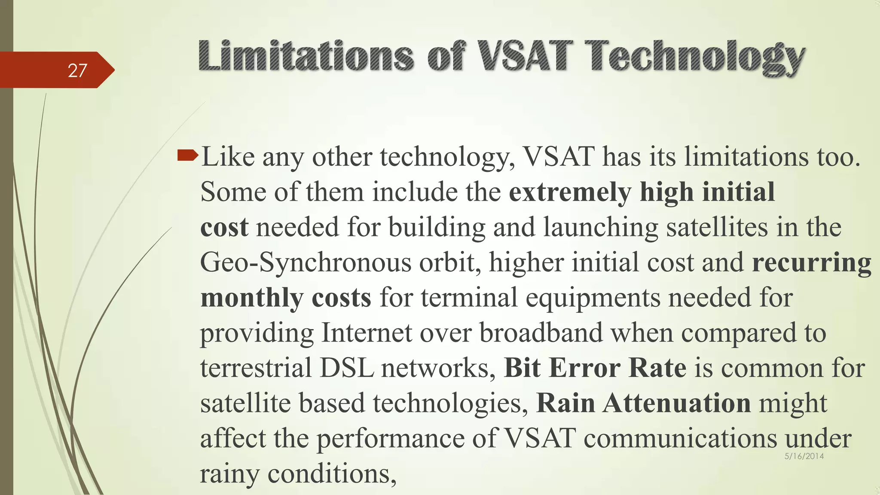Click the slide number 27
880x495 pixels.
(77, 70)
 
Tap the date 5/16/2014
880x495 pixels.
(804, 456)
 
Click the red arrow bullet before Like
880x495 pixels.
(187, 155)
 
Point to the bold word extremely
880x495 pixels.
(570, 192)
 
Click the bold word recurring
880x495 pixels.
(811, 263)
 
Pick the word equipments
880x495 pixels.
(593, 298)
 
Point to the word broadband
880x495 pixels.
(541, 333)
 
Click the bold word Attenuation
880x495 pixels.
(676, 403)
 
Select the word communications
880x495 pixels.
(680, 439)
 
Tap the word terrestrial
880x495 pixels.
(256, 368)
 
